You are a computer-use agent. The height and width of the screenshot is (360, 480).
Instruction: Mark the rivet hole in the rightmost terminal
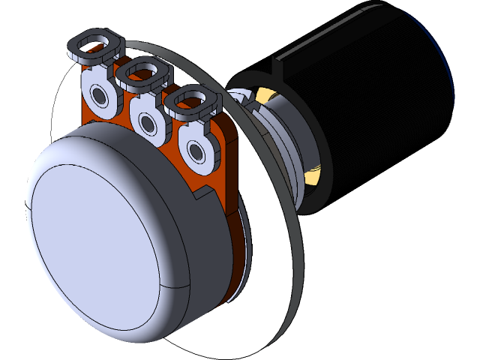tap(196, 153)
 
